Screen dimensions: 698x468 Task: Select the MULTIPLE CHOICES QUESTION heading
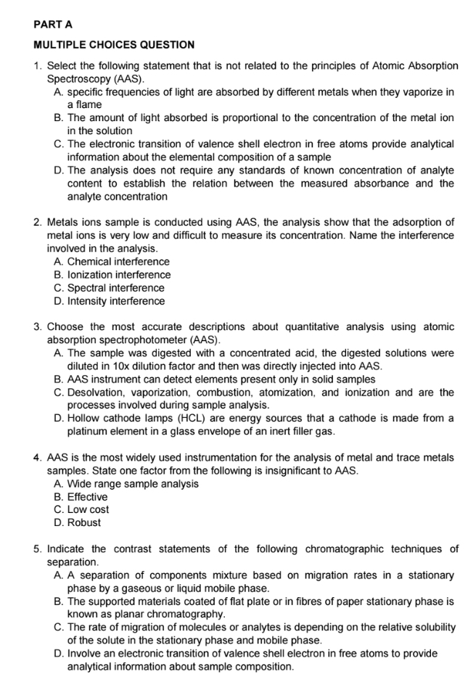point(114,45)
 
